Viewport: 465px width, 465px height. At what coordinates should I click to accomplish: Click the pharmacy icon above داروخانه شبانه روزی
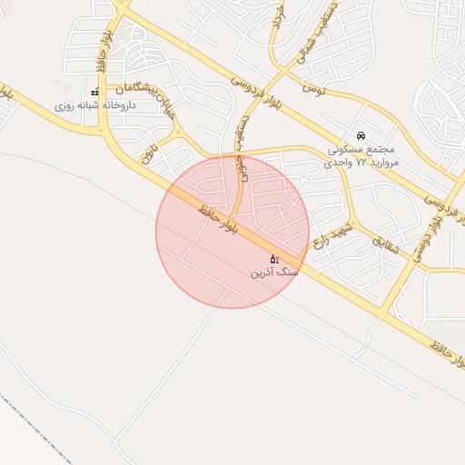(x=95, y=93)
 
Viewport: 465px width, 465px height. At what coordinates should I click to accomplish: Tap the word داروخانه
(x=114, y=106)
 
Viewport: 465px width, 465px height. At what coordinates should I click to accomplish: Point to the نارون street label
(x=147, y=151)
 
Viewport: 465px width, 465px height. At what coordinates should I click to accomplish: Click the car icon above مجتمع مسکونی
(x=362, y=134)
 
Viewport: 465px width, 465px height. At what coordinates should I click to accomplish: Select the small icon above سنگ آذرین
(x=274, y=260)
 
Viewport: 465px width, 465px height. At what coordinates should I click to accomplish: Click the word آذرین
(x=264, y=272)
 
